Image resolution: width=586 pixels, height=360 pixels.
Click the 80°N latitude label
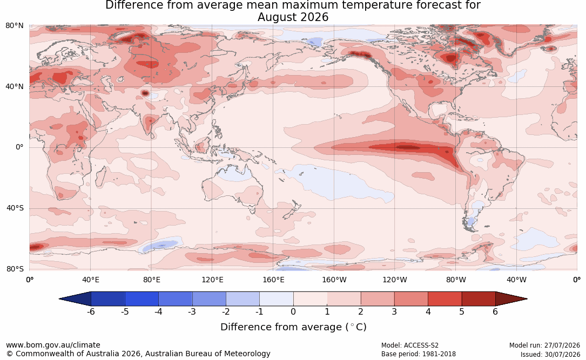[14, 26]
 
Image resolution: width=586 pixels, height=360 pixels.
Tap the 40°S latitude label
[15, 208]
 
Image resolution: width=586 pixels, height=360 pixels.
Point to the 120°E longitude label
[212, 280]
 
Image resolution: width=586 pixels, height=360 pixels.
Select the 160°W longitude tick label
[334, 280]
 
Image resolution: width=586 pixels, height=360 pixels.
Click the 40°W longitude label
[516, 280]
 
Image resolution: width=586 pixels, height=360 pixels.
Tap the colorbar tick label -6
[91, 311]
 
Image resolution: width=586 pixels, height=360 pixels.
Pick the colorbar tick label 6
[495, 311]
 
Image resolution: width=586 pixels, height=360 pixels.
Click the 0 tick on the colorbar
[293, 311]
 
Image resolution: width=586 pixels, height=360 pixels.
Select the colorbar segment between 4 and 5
[444, 299]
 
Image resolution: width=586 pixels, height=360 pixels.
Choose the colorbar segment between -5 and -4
[142, 299]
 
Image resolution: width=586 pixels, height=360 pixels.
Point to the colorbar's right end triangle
[510, 299]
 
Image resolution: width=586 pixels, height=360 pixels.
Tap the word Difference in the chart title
[130, 5]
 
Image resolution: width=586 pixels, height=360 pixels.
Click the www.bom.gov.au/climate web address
[53, 345]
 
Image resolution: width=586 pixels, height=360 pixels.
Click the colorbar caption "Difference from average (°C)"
[293, 327]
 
